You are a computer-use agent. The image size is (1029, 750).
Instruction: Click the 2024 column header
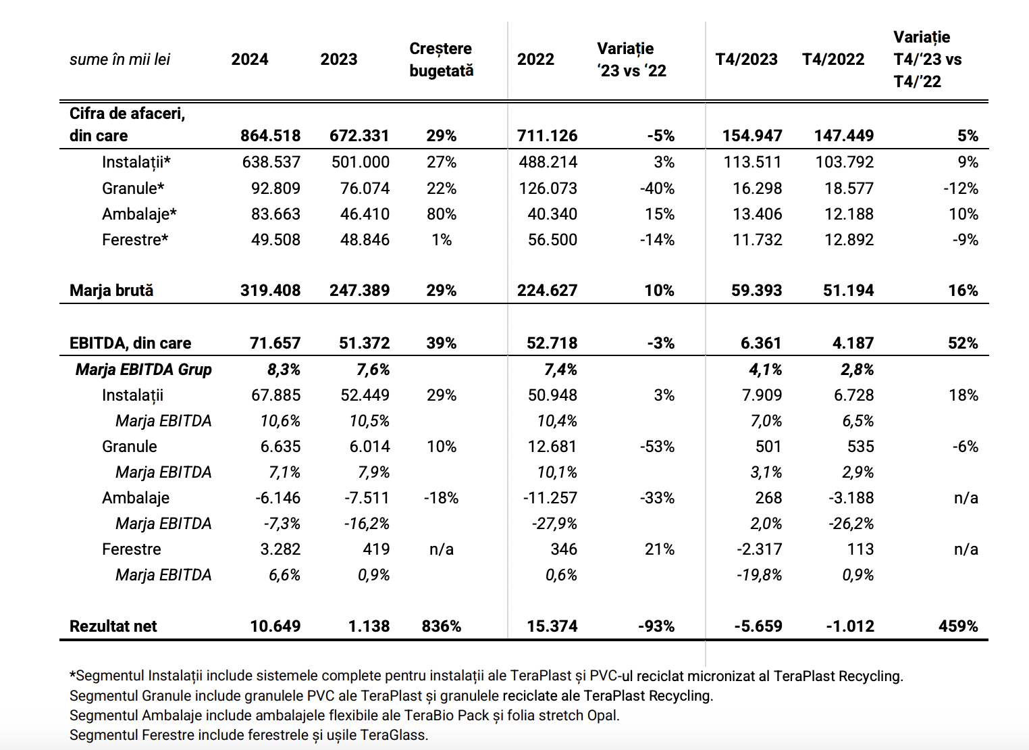[249, 59]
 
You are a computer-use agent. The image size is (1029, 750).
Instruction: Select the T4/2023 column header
[747, 59]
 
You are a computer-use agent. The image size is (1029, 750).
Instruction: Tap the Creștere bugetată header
[441, 59]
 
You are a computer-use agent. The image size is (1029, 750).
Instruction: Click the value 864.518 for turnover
[270, 136]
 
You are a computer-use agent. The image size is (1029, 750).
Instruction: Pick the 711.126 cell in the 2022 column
[547, 136]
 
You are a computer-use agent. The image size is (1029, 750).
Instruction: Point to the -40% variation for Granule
[657, 189]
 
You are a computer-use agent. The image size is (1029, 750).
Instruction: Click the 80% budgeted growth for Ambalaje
[441, 214]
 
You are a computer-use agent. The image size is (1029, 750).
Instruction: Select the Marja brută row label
[111, 291]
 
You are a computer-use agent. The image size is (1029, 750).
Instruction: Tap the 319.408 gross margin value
[270, 291]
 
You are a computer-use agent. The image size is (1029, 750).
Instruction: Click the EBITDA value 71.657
[275, 343]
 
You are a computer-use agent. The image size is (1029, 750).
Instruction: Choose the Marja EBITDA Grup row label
[143, 370]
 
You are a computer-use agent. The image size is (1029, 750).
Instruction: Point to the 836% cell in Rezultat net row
[441, 626]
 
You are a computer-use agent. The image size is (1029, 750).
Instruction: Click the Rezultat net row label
[113, 626]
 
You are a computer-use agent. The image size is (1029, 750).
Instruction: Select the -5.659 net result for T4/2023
[758, 626]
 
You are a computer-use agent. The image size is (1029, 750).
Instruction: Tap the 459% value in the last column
[958, 626]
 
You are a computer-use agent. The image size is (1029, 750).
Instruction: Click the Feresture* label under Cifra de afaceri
[135, 240]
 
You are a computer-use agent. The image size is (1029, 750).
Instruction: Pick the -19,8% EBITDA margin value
[759, 575]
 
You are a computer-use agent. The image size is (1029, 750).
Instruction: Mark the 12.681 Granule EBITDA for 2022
[552, 447]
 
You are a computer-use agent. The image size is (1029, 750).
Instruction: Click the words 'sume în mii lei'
[120, 59]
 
